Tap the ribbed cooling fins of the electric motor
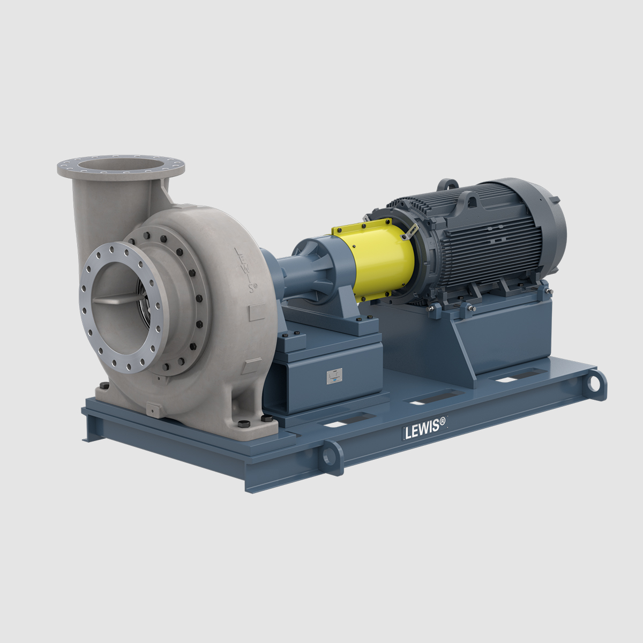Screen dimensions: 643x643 [x=482, y=241]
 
